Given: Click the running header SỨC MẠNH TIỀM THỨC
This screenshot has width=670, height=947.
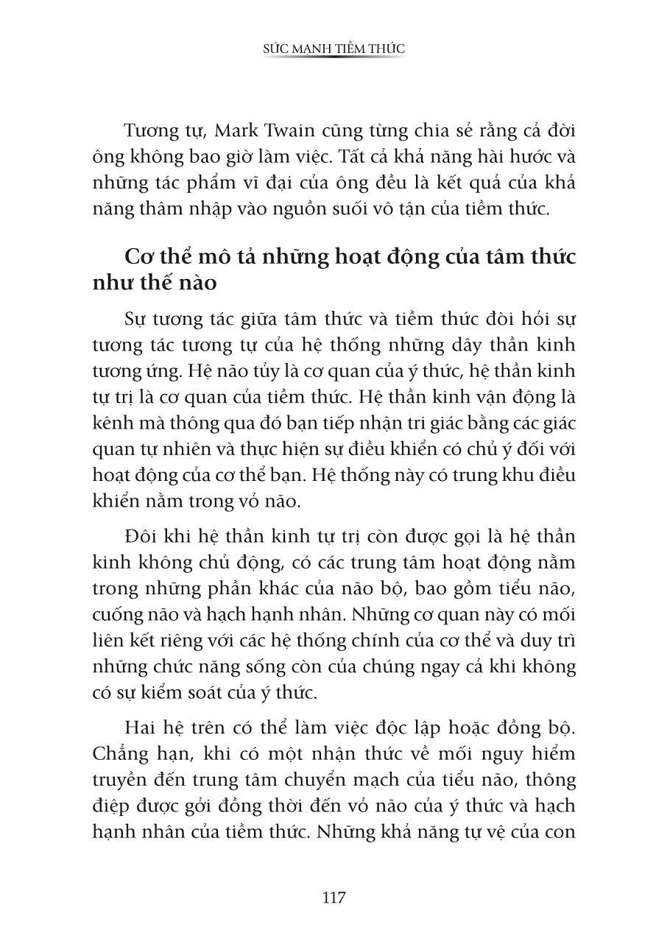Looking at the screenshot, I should point(334,49).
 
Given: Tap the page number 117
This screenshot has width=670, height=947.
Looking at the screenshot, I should point(334,898).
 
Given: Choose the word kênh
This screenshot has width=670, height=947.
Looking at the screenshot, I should point(113,423).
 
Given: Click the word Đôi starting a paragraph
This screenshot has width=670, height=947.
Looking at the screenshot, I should point(141,536).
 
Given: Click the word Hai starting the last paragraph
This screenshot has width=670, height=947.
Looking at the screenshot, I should point(141,728).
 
